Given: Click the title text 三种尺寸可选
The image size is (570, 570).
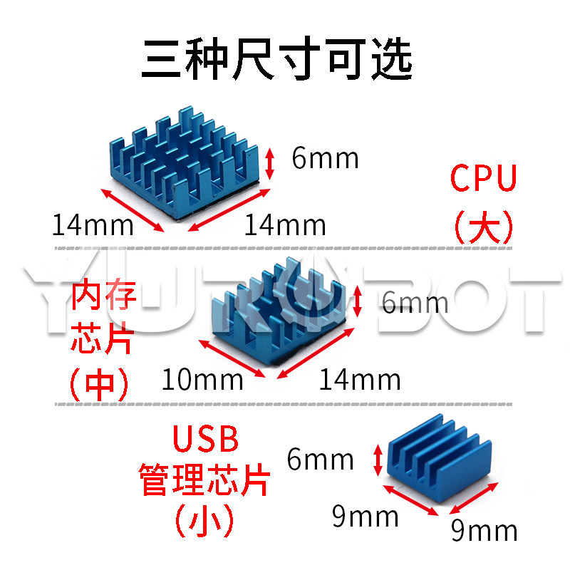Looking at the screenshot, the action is tap(277, 60).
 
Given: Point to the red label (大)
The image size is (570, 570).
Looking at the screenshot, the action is tap(484, 227).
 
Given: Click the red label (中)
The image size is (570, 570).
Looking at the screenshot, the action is tap(99, 385).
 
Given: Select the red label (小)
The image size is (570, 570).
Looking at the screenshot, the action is tap(204, 522).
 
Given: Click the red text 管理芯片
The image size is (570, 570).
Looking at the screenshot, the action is tap(204, 480).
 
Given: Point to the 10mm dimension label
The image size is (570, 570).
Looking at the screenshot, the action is tap(202, 379).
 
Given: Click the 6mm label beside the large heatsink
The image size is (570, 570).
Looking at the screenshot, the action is tap(325, 158).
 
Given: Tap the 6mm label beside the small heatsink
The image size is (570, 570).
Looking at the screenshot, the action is tap(320, 460).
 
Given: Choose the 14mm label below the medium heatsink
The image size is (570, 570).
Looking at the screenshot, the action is tap(359, 379).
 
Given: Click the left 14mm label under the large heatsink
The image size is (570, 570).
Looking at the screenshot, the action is tap(93, 225).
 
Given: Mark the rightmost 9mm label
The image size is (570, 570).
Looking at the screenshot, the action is tap(484, 530).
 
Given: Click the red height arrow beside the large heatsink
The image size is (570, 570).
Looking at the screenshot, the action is tap(269, 163).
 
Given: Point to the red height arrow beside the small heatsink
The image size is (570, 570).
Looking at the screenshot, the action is tap(378, 460).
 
